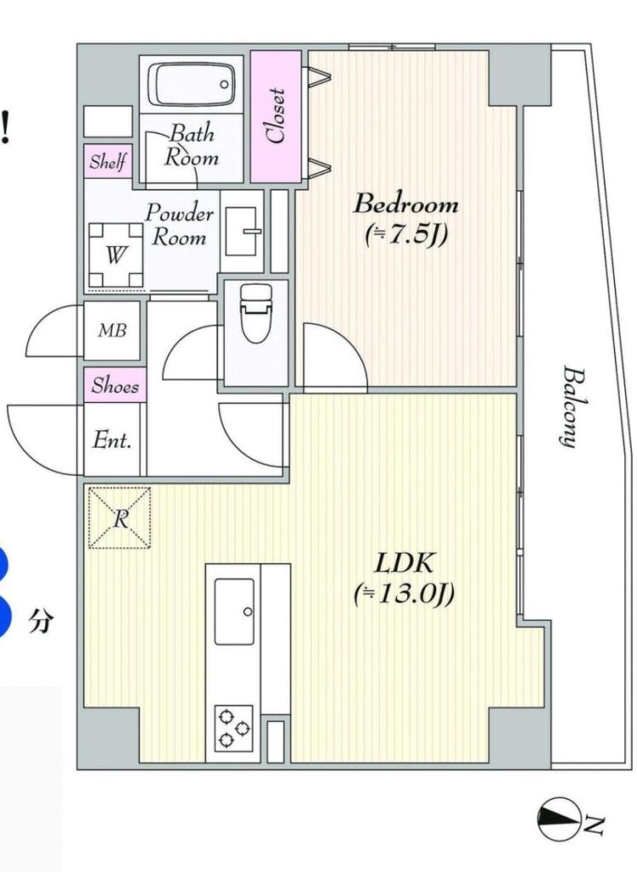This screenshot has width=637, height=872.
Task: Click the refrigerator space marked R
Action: (119, 519)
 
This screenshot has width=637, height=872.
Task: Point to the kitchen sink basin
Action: (234, 611)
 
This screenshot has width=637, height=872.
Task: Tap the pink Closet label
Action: (276, 116)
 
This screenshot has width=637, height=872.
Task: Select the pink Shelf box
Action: (108, 161)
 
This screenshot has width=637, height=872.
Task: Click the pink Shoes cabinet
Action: (115, 385)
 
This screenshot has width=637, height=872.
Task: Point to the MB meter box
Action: (112, 331)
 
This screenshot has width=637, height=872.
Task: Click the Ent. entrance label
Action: (112, 440)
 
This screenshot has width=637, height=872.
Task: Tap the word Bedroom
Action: (406, 204)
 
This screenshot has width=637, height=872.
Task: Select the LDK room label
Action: (405, 564)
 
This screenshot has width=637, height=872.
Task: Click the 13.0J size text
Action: (405, 595)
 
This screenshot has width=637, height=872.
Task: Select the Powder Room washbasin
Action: (242, 231)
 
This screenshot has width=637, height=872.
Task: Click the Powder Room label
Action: (179, 225)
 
